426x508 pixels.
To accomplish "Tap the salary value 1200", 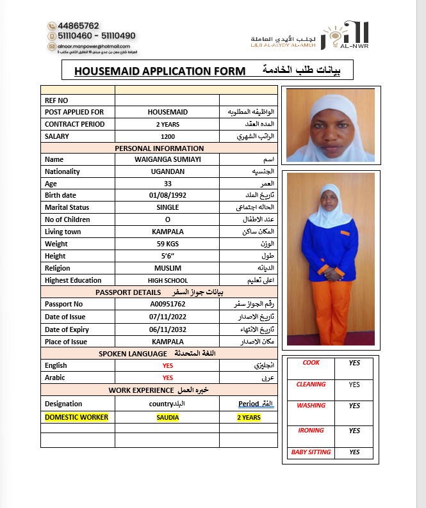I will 168,136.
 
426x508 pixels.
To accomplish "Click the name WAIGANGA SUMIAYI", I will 168,159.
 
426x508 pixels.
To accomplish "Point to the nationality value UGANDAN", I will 168,171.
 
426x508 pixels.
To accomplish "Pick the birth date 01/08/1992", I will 168,195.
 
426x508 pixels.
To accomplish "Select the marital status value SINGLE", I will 168,207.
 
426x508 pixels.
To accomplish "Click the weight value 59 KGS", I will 168,244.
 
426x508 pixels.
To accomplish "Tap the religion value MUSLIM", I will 168,268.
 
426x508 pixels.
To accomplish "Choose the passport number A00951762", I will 168,304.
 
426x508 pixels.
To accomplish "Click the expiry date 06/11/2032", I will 168,329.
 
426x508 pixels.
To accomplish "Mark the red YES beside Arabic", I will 168,377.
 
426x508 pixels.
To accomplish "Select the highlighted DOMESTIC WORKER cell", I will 76,417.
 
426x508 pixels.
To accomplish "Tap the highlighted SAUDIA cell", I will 168,417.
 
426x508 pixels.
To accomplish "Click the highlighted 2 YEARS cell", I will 249,417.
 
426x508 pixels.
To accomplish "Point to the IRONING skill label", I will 311,431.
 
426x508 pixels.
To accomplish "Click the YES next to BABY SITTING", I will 354,452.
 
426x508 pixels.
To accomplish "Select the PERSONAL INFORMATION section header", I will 159,148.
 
